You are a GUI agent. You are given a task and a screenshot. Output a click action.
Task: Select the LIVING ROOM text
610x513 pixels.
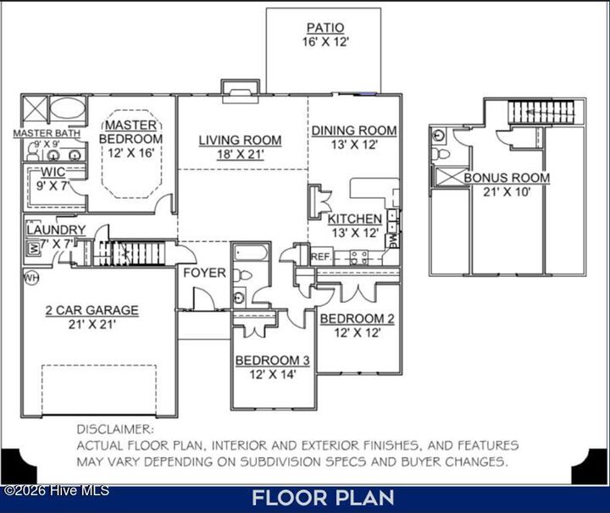pos(240,140)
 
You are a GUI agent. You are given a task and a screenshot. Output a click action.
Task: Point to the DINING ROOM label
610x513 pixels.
pos(353,130)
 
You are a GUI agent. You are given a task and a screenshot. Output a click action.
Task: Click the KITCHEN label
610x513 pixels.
pos(355,219)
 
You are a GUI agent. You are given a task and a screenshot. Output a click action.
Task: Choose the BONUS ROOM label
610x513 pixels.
pos(507,178)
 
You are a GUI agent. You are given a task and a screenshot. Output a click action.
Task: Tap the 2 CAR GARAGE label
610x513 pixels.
pos(91,310)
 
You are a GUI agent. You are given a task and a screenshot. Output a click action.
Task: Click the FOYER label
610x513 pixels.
pos(205,273)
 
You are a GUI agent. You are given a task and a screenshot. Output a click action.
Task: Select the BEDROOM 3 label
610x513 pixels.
pos(272,360)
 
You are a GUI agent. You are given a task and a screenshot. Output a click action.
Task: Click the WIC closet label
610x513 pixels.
pos(53,172)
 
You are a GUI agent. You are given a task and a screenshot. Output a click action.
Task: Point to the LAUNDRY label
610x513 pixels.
pos(55,229)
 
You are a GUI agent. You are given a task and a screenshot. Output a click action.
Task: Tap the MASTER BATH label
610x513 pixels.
pos(47,133)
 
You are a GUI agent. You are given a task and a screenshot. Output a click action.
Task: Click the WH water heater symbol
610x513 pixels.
pos(31,277)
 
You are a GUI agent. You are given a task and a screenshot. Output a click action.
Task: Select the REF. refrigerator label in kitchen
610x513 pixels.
pos(320,256)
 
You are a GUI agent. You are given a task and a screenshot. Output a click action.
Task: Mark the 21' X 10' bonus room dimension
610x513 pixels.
pos(507,192)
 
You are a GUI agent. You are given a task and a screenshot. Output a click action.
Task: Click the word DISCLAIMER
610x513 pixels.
pos(115,429)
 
